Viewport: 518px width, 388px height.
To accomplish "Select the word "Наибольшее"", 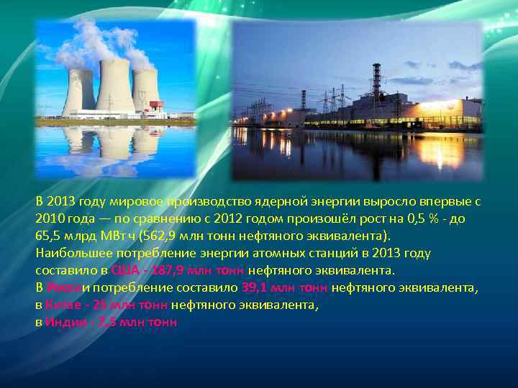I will tap(69, 254).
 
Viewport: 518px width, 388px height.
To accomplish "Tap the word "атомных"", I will tap(257, 254).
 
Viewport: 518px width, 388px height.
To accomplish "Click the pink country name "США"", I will tap(124, 271).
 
